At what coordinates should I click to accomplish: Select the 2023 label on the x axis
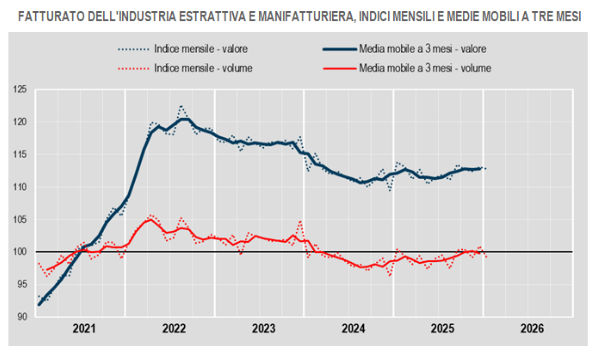point(262,329)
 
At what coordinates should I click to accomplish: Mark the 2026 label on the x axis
point(530,329)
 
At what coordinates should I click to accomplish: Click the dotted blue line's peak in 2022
point(181,106)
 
